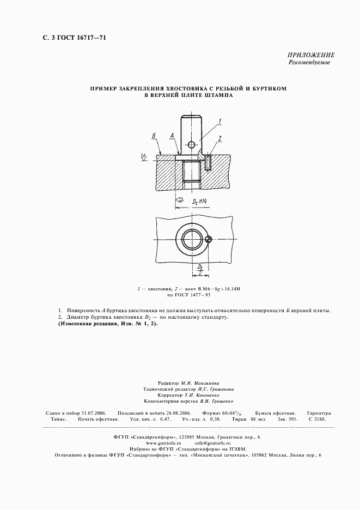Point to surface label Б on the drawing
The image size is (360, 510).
(154, 136)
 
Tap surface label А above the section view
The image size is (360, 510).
(172, 135)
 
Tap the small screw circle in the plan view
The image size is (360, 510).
(209, 240)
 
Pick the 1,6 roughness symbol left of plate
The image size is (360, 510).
(144, 157)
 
